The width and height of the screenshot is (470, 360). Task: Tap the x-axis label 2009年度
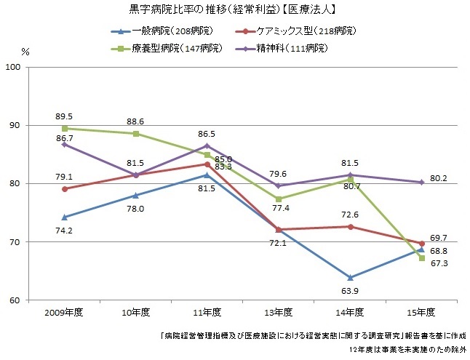pyautogui.click(x=65, y=312)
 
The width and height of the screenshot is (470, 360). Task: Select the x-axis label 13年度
pyautogui.click(x=279, y=312)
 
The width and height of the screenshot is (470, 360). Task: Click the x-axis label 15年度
pyautogui.click(x=422, y=312)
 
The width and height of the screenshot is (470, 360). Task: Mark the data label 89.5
pyautogui.click(x=65, y=115)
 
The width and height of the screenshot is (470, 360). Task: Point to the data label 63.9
pyautogui.click(x=351, y=291)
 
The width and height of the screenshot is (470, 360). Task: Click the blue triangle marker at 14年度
pyautogui.click(x=351, y=277)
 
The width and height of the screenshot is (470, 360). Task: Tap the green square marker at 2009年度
pyautogui.click(x=65, y=129)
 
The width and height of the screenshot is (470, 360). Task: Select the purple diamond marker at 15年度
pyautogui.click(x=422, y=183)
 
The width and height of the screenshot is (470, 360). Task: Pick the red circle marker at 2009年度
pyautogui.click(x=65, y=189)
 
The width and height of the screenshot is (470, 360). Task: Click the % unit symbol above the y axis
pyautogui.click(x=25, y=52)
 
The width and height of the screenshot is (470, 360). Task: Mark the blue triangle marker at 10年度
pyautogui.click(x=136, y=195)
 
